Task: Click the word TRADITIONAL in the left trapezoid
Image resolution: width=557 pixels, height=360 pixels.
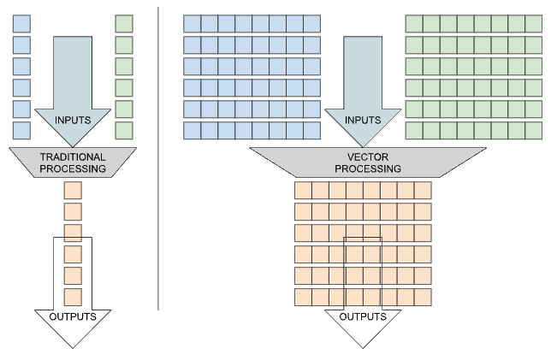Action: [x=73, y=156]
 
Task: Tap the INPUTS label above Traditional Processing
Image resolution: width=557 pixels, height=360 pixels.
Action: [x=73, y=120]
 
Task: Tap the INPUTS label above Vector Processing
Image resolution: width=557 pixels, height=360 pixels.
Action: [x=363, y=120]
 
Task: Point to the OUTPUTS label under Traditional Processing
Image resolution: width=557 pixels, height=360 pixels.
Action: [x=72, y=316]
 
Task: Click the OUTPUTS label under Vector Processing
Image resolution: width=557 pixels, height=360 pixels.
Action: [x=363, y=316]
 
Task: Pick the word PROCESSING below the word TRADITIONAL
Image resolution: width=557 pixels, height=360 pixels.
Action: [x=73, y=168]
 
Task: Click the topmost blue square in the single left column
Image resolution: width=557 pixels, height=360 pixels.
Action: [x=21, y=23]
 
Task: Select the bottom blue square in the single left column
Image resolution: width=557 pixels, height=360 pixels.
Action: [x=21, y=130]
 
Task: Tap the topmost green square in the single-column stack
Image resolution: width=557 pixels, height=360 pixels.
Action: [x=124, y=23]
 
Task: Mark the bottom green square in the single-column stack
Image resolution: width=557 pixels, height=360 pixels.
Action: [x=124, y=130]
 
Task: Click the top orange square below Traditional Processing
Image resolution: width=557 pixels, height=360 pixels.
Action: [x=73, y=190]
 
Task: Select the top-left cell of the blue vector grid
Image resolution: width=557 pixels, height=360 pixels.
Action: [x=192, y=23]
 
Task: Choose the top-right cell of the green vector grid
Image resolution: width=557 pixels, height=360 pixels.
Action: [x=533, y=23]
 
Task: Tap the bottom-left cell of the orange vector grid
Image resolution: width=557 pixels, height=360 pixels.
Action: [x=303, y=297]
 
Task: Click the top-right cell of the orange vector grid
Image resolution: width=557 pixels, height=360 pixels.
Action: [x=423, y=190]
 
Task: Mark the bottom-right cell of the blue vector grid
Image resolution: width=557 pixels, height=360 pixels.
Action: [x=311, y=130]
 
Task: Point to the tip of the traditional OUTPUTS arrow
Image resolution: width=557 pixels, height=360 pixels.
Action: [x=72, y=346]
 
